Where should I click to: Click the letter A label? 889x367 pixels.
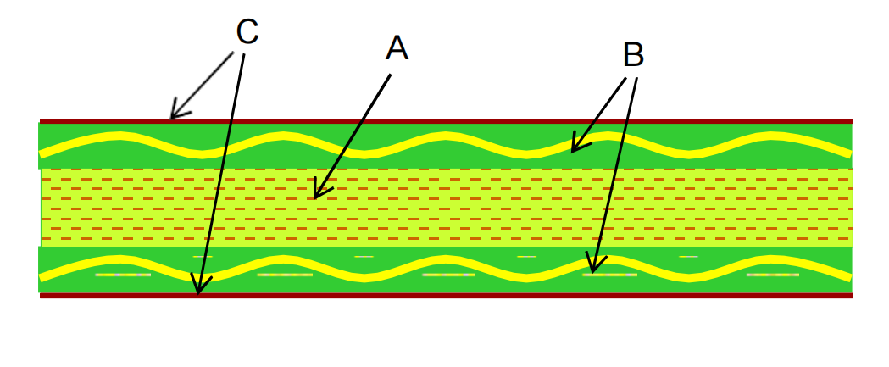click(397, 48)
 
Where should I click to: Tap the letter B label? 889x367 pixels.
click(633, 55)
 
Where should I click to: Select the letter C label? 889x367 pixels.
click(247, 32)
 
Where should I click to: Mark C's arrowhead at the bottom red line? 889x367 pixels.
click(198, 292)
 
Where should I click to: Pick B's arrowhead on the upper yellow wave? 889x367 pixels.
click(573, 151)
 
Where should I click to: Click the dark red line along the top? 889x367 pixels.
click(508, 121)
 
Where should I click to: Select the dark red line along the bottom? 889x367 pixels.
click(508, 295)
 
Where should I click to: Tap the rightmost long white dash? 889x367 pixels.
click(772, 275)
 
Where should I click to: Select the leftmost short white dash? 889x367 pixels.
click(203, 256)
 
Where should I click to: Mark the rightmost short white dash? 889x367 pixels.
click(688, 256)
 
